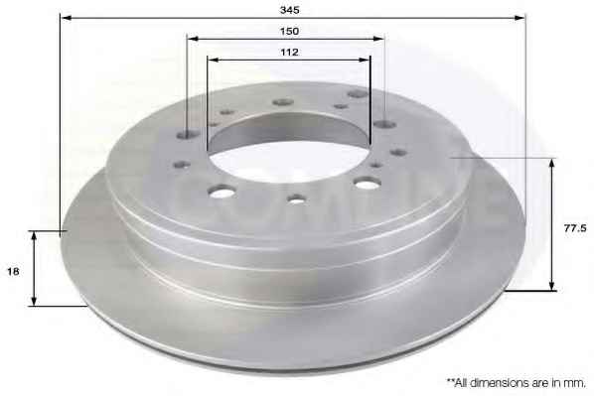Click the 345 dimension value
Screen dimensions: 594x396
[289, 10]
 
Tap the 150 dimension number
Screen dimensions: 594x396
[289, 31]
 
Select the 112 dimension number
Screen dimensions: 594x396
[289, 53]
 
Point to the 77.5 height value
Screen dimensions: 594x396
[575, 228]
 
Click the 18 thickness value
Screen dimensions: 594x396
[13, 272]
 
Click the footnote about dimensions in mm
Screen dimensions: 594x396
[517, 382]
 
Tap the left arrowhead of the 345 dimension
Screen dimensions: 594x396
[66, 18]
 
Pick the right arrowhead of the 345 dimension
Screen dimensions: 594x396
[520, 18]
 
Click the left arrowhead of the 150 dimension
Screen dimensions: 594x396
[193, 39]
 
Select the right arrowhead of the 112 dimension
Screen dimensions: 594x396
[365, 60]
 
